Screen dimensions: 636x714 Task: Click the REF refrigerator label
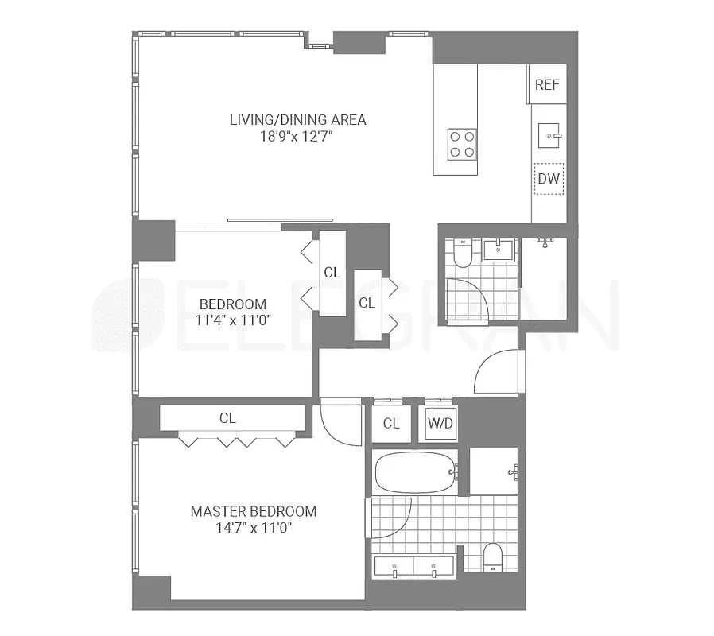[547, 85]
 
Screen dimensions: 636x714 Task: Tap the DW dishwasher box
[549, 179]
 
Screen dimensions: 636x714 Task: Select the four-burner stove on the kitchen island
[462, 144]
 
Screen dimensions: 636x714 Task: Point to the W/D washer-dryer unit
[440, 423]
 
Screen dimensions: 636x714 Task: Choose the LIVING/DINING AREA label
[297, 120]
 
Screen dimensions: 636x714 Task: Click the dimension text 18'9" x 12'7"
[297, 137]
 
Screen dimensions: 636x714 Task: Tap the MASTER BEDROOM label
[253, 511]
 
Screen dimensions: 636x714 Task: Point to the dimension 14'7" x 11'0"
[253, 528]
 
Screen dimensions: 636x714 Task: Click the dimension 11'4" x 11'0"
[232, 321]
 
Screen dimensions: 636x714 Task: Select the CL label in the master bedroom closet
[227, 418]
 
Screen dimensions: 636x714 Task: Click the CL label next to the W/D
[391, 423]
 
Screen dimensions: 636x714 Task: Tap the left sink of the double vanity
[394, 568]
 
